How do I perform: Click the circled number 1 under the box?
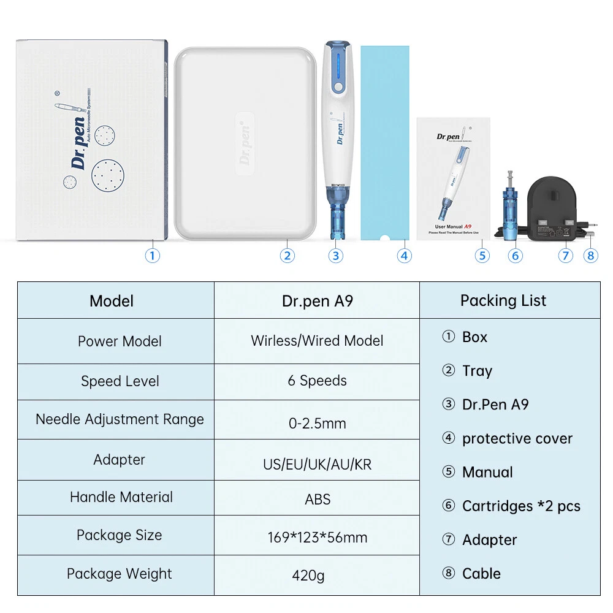[152, 255]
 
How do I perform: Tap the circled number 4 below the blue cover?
[404, 256]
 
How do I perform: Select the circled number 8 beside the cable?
[590, 255]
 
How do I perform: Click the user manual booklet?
[453, 177]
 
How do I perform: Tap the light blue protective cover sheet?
[384, 141]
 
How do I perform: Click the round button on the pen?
[338, 88]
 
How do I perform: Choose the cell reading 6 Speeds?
[317, 381]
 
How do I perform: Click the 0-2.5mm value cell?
[317, 423]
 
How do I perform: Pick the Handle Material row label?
[121, 497]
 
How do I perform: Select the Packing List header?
[503, 300]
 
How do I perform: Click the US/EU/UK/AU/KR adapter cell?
[317, 464]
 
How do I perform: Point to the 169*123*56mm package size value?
[317, 538]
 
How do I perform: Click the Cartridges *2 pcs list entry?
[520, 506]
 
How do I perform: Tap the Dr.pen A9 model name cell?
[317, 301]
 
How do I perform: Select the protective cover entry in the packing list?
[517, 439]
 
